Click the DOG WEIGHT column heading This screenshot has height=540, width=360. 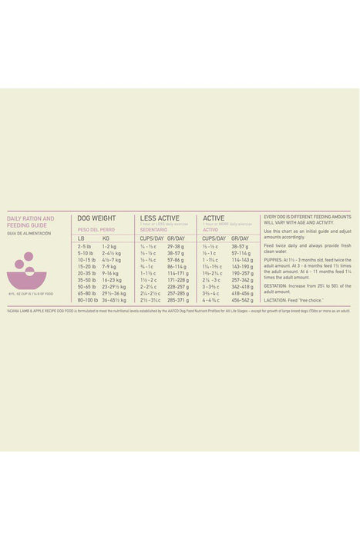pos(97,218)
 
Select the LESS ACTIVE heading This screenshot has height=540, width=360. pos(160,218)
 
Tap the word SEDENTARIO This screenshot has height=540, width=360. pos(153,229)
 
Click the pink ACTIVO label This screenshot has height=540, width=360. pos(211,229)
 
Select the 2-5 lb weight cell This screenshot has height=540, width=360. pos(85,246)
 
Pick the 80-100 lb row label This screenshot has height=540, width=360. pos(88,299)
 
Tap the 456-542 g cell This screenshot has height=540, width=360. pos(242,299)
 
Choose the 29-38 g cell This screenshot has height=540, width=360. pos(176,246)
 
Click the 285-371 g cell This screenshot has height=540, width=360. pos(177,299)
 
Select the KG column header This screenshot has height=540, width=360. pos(106,238)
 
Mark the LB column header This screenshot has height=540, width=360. pos(82,238)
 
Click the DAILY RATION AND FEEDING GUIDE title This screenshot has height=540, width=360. pos(31,222)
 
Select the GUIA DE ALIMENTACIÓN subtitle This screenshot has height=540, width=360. pos(29,233)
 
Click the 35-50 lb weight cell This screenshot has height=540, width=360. pos(86,279)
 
